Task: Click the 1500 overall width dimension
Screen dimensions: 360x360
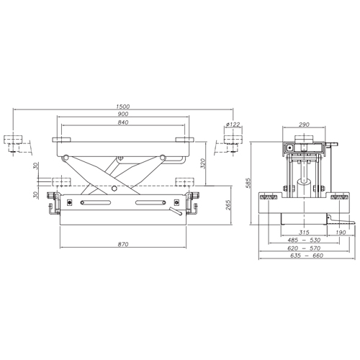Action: point(123,107)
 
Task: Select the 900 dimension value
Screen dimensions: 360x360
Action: point(123,114)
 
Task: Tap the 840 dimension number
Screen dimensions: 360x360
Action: point(123,122)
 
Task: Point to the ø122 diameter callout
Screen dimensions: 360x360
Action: point(233,125)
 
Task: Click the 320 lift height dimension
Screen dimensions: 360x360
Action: point(203,163)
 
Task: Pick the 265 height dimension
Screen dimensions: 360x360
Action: point(228,205)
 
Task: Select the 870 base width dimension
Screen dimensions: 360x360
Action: point(123,244)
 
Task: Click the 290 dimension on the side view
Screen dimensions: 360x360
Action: point(304,125)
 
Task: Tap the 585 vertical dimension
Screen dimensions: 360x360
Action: point(248,184)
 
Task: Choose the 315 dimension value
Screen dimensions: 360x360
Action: point(304,233)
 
